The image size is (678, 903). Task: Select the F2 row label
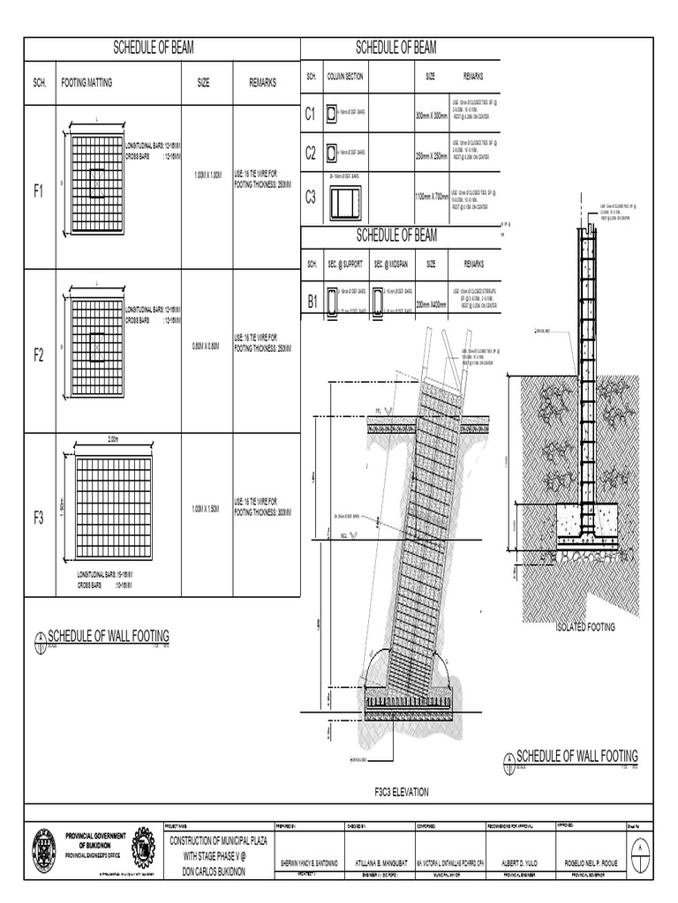39,354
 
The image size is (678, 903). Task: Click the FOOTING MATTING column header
87,83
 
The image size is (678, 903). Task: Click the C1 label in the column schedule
311,114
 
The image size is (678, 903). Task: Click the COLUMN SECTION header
345,78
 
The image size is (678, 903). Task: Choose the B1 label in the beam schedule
312,302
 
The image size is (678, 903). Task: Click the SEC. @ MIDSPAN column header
389,264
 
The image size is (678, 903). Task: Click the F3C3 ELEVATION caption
402,792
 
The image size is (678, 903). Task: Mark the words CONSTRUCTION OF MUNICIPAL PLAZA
223,841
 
